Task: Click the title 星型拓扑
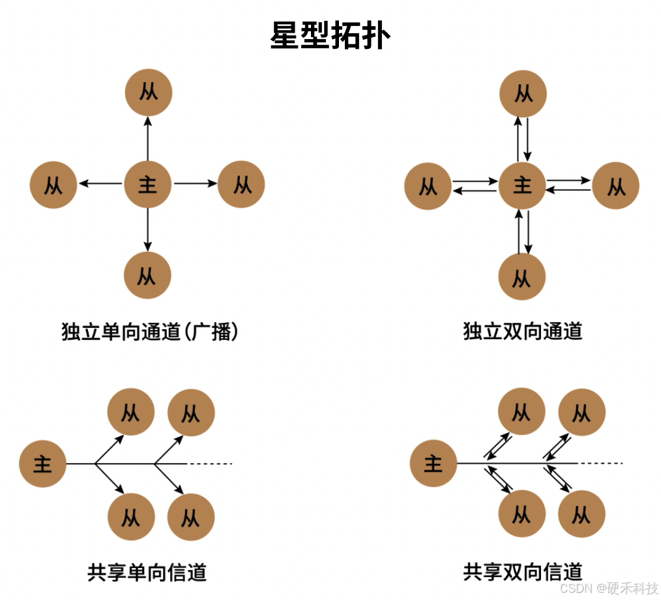click(330, 35)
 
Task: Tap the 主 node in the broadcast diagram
click(148, 185)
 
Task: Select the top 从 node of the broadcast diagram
click(149, 92)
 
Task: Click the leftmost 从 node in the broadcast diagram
click(53, 185)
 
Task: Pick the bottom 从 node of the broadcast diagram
click(147, 275)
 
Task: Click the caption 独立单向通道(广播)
click(150, 332)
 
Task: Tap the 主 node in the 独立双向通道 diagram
click(522, 186)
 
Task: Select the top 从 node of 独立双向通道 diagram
click(523, 93)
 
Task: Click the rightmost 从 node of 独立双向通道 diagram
click(616, 186)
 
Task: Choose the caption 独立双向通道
click(522, 331)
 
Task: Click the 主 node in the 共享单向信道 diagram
click(43, 464)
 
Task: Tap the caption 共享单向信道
click(147, 573)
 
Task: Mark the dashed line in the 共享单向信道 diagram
click(210, 464)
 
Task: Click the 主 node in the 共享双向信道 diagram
click(433, 464)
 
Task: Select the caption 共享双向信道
click(522, 572)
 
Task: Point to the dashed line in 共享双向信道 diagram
click(600, 464)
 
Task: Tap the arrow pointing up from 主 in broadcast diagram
click(148, 138)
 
